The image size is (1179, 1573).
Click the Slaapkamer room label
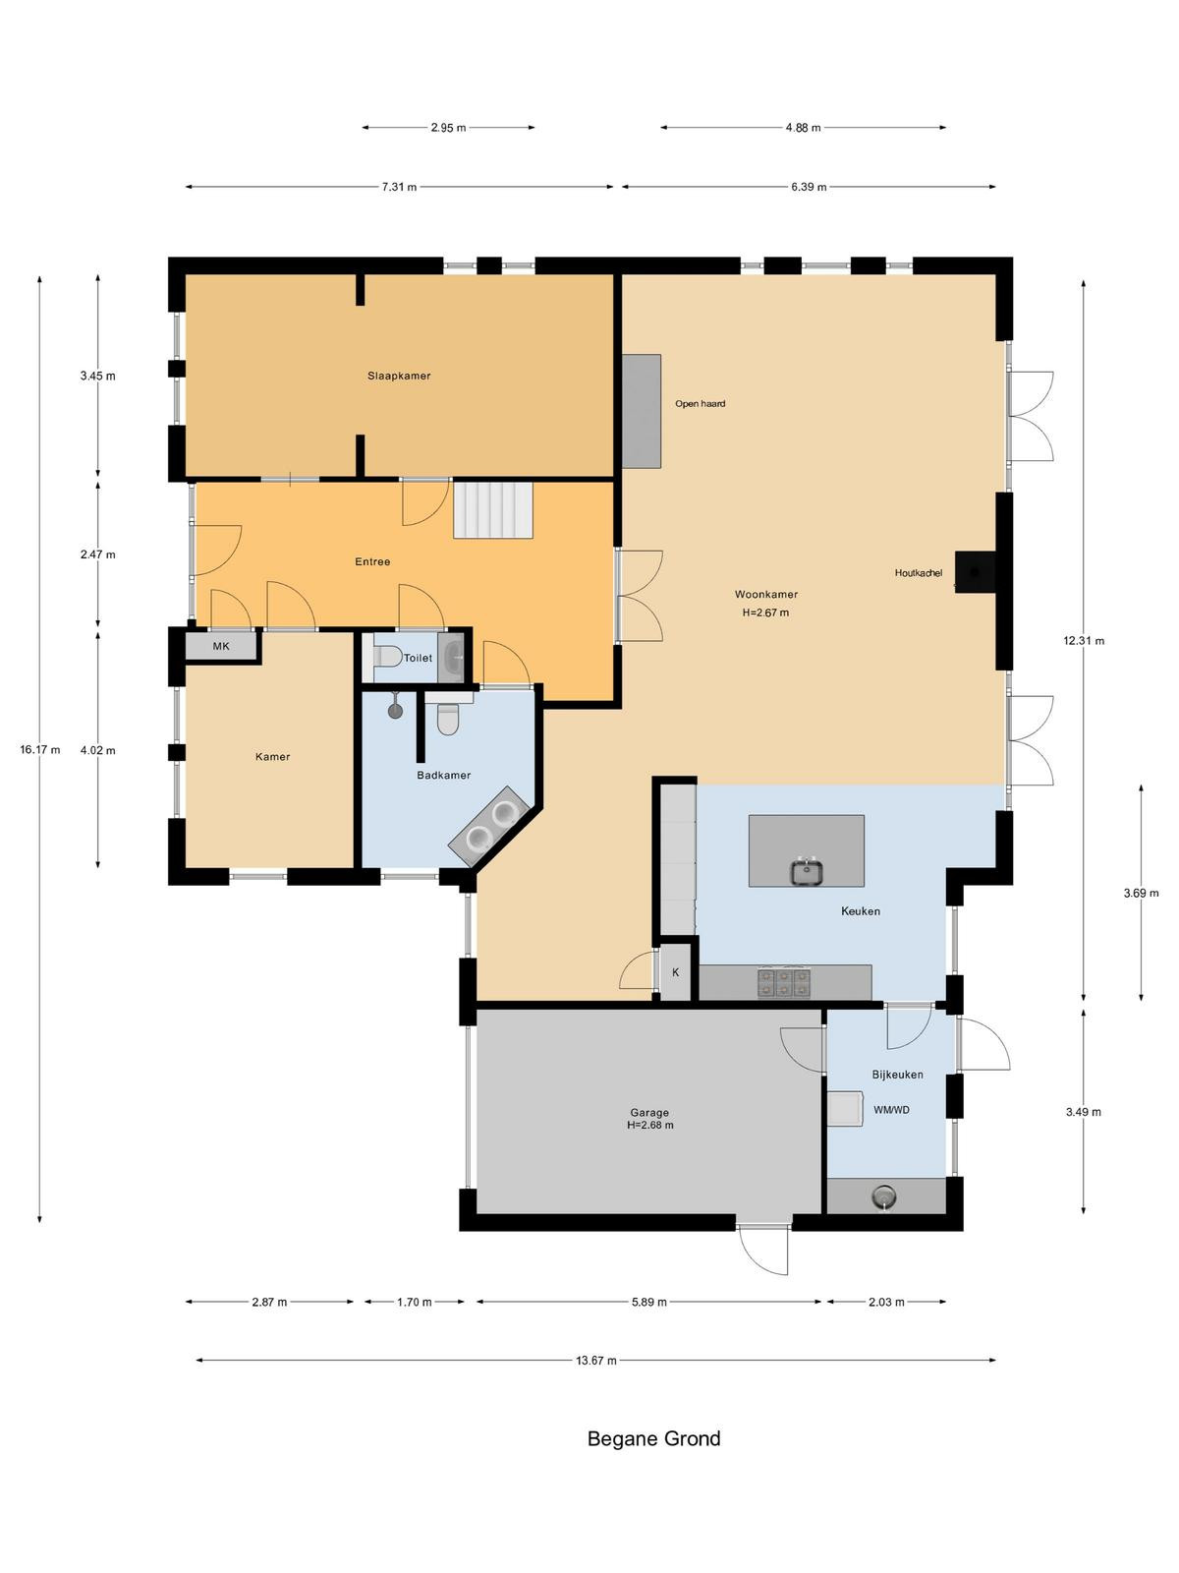tap(399, 376)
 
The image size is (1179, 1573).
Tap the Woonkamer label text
tap(765, 594)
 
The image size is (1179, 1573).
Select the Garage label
tap(649, 1112)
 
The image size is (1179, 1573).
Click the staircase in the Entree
tap(493, 509)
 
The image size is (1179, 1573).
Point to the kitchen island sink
tap(806, 871)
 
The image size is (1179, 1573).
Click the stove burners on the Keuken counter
tap(783, 982)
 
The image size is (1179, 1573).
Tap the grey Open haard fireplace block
tap(641, 411)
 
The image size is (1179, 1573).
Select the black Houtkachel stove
tap(975, 572)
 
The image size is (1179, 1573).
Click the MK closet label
tap(221, 646)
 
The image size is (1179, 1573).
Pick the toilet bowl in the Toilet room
tap(387, 656)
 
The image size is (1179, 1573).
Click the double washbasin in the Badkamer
tap(490, 825)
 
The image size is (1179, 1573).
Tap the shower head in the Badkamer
tap(395, 710)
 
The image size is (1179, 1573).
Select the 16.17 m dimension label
tap(40, 749)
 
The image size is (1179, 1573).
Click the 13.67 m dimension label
tap(595, 1361)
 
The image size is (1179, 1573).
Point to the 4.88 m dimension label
tap(803, 128)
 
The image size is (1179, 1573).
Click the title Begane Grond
tap(653, 1438)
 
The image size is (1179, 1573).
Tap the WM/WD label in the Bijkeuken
tap(891, 1109)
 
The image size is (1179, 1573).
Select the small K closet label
tap(675, 972)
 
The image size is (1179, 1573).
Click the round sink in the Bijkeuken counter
tap(885, 1195)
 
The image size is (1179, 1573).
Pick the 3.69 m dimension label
tap(1141, 893)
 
